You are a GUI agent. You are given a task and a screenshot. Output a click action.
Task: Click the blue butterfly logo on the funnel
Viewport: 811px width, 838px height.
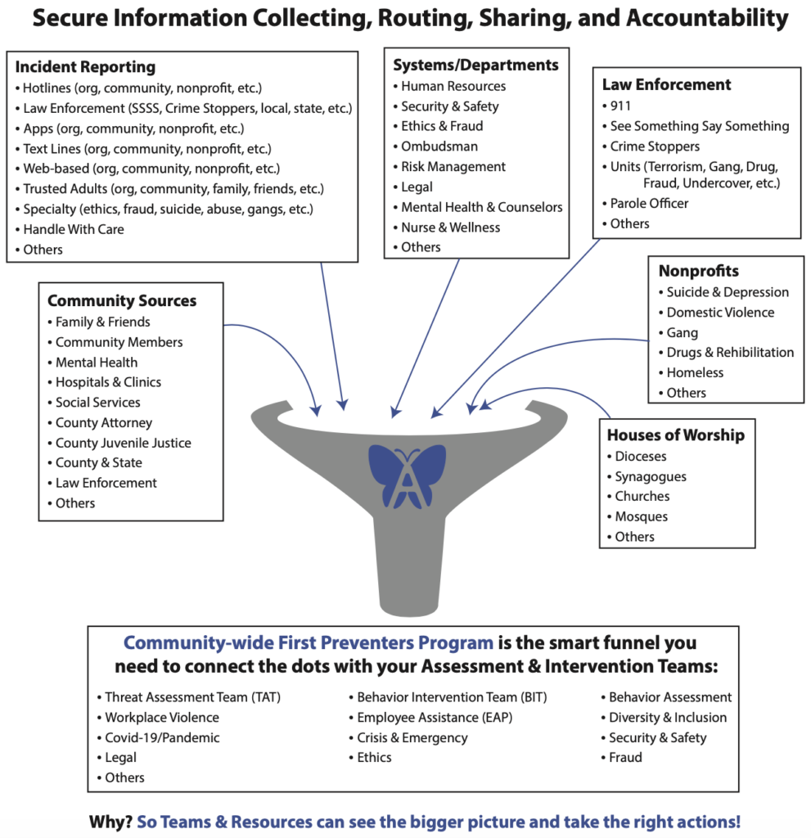click(407, 476)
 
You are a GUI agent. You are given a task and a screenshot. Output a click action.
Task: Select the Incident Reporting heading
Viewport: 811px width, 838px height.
click(86, 67)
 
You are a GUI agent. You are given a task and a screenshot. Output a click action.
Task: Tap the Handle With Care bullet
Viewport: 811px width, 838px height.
click(70, 229)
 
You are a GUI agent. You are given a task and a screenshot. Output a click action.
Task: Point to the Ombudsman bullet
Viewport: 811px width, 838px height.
click(435, 146)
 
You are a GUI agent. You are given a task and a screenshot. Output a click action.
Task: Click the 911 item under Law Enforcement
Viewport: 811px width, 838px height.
click(616, 106)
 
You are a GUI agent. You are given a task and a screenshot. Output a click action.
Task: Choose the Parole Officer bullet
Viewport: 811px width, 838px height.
click(645, 204)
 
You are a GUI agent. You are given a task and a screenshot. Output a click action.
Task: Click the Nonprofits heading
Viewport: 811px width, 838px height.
click(699, 271)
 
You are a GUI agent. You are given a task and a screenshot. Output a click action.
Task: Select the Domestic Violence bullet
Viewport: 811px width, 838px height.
click(716, 313)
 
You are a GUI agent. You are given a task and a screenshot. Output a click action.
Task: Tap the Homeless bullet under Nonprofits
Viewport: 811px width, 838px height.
click(691, 373)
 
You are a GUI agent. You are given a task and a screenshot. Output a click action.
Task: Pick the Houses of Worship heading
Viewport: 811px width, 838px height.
click(676, 435)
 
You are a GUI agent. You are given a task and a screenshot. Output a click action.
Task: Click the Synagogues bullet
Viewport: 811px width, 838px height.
click(647, 477)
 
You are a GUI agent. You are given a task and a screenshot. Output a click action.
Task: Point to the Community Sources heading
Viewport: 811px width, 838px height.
click(122, 301)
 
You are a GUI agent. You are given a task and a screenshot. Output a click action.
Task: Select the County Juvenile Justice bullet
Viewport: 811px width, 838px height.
click(119, 443)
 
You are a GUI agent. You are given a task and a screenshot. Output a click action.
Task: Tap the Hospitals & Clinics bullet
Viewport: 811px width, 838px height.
click(104, 382)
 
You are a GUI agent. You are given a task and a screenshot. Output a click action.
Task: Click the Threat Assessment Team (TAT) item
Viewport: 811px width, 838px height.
click(189, 697)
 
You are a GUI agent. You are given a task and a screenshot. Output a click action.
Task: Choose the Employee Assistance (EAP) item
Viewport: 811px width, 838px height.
click(431, 718)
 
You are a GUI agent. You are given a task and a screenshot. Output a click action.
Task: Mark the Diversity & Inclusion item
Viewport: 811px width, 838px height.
click(664, 718)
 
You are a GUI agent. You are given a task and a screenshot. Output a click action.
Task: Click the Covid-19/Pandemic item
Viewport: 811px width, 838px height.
click(158, 738)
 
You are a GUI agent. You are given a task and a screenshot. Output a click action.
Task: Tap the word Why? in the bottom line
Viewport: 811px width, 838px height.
click(110, 822)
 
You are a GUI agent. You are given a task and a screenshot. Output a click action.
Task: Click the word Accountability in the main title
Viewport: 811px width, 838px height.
click(707, 18)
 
